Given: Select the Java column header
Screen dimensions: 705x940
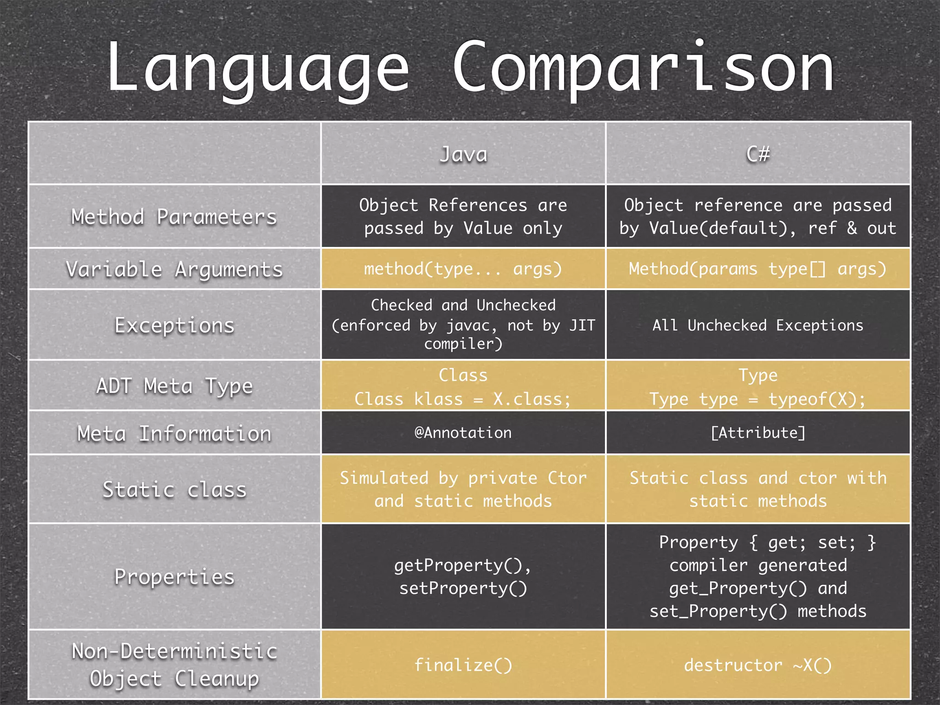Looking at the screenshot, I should click(463, 154).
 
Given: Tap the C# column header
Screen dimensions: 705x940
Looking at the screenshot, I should click(758, 154).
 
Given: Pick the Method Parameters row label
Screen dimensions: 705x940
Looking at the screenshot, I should click(174, 217).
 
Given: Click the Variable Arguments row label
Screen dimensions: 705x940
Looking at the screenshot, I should click(174, 269).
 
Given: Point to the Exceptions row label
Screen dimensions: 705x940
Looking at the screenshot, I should click(174, 325).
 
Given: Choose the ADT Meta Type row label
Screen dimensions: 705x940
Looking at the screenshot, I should click(174, 386).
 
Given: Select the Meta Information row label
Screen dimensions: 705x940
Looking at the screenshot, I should click(174, 433).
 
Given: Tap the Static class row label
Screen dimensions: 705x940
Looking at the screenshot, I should click(174, 490).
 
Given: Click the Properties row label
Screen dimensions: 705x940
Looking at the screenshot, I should click(174, 577).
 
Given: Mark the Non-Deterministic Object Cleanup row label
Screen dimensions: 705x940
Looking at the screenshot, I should click(174, 665).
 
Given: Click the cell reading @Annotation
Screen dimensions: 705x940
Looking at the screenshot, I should click(463, 433).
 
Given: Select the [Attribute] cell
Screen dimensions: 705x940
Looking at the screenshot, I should click(758, 433).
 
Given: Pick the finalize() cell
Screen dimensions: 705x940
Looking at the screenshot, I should click(463, 665).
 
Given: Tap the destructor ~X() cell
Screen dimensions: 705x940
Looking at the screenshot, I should click(758, 665).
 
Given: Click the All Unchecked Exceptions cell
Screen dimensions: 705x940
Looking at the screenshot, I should click(758, 325).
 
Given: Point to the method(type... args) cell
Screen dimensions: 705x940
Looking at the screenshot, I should click(463, 269).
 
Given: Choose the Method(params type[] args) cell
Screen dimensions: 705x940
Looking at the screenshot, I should click(758, 269).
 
